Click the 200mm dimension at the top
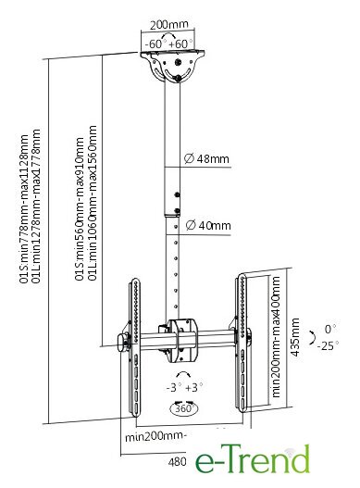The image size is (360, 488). tap(169, 25)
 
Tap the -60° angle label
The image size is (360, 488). tap(154, 44)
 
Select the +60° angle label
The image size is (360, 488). tap(180, 44)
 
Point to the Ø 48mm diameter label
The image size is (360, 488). tap(206, 158)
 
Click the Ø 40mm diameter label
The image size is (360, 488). tap(208, 225)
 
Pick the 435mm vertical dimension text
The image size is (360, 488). tap(295, 337)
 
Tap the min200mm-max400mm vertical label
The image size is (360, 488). tap(276, 337)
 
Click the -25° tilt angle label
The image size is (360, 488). tap(328, 345)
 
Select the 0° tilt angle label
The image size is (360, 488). tap(330, 329)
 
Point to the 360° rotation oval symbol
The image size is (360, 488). tap(184, 408)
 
